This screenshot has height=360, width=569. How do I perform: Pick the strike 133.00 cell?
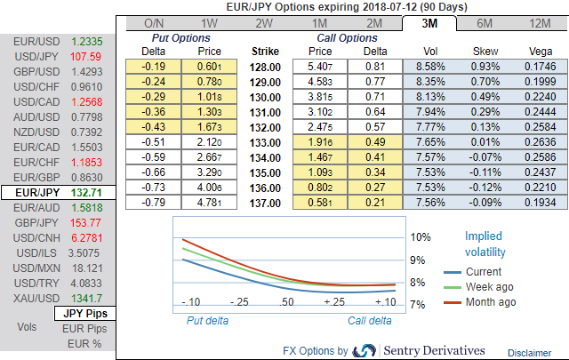pyautogui.click(x=266, y=141)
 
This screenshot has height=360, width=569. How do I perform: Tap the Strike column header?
pyautogui.click(x=266, y=52)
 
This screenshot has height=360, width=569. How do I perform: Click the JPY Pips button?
pyautogui.click(x=84, y=313)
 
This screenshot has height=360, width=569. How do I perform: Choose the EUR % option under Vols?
pyautogui.click(x=84, y=344)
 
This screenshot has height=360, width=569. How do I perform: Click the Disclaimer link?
pyautogui.click(x=530, y=353)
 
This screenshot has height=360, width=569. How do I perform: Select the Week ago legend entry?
pyautogui.click(x=488, y=286)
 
